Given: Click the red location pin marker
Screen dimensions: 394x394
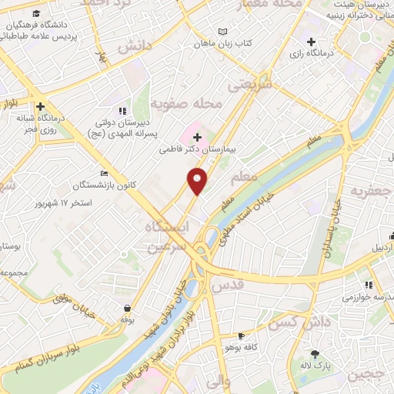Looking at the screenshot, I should pyautogui.click(x=198, y=180).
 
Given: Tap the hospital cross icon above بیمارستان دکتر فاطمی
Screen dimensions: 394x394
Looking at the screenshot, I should pyautogui.click(x=197, y=137).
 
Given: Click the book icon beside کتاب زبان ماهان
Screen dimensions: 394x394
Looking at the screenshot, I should pyautogui.click(x=223, y=32).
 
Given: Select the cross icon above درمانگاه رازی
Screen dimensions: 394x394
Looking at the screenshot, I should pyautogui.click(x=311, y=42).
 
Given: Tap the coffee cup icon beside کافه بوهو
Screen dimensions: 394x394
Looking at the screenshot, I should pyautogui.click(x=241, y=336).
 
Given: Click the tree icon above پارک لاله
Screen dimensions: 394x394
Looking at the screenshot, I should pyautogui.click(x=314, y=352).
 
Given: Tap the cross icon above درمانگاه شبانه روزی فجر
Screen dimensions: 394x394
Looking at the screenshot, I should pyautogui.click(x=39, y=106).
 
